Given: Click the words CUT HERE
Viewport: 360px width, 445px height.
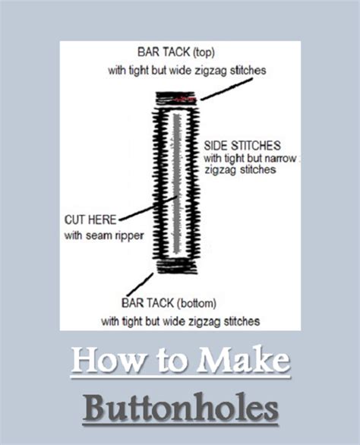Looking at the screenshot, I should pyautogui.click(x=90, y=220).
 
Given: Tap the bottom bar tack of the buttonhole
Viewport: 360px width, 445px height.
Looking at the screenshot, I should pyautogui.click(x=177, y=266).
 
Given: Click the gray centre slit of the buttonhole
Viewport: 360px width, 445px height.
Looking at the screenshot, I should pyautogui.click(x=177, y=182).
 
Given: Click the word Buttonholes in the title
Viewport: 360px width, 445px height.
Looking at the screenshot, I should pyautogui.click(x=180, y=407).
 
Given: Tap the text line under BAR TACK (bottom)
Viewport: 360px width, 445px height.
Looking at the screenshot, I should pyautogui.click(x=180, y=320).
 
